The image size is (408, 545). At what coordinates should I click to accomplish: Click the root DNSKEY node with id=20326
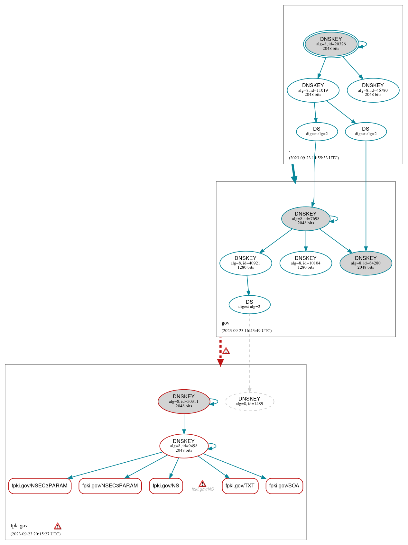coord(331,44)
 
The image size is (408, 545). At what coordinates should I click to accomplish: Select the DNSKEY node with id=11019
coord(313,90)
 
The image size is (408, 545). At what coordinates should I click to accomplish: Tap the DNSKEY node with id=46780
coord(373,90)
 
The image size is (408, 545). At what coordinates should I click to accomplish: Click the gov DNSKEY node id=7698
coord(306,218)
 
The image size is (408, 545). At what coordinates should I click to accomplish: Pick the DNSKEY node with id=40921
coord(246,263)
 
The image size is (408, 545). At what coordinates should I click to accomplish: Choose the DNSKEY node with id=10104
coord(306,263)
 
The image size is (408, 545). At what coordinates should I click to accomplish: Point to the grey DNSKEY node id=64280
coord(366,263)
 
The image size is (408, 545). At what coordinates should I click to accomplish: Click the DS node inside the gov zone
coord(249,304)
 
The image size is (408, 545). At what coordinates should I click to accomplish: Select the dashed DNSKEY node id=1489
coord(249,401)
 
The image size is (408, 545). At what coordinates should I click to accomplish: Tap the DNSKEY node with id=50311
coord(184,401)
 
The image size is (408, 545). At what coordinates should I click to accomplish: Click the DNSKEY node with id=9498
coord(184,446)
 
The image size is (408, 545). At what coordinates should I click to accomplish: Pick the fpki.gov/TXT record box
coord(240,486)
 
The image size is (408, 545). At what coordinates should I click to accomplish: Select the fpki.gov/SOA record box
coord(284,486)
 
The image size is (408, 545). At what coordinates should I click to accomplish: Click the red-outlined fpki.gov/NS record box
coord(166,486)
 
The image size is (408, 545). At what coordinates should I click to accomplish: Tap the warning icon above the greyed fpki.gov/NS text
coord(202,484)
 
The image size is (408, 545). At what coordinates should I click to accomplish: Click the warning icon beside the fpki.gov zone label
coord(58,526)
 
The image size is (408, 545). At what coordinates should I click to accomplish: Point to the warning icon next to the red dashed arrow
coord(226,351)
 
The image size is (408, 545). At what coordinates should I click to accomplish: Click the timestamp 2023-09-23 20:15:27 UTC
coord(35,534)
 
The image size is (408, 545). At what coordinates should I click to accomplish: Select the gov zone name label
coord(226,323)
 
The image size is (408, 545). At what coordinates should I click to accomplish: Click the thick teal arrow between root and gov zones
coord(293,174)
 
